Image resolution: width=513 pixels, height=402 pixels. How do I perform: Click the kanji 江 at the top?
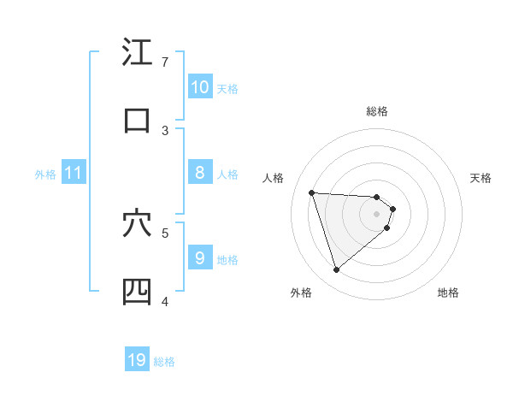137,52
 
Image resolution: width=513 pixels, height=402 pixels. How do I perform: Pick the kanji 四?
137,291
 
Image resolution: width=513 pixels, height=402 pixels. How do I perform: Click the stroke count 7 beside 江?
165,62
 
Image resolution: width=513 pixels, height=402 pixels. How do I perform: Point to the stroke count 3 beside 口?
165,130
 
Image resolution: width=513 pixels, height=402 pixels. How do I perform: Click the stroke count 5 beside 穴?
165,232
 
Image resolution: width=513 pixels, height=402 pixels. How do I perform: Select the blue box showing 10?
199,87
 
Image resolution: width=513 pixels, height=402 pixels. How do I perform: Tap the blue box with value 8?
199,173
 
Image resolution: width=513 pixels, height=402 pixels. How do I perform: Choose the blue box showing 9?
199,257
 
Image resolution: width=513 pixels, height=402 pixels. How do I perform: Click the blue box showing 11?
73,173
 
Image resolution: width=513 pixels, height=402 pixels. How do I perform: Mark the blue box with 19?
137,360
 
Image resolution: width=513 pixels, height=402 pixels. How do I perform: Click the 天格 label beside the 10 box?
227,88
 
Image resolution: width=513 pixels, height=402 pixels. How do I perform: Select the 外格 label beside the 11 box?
45,174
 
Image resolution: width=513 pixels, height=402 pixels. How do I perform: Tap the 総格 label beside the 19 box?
164,362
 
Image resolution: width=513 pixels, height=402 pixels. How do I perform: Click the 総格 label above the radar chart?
376,111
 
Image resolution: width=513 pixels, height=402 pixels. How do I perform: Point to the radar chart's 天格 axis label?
481,178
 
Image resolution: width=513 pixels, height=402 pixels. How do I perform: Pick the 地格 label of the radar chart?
448,293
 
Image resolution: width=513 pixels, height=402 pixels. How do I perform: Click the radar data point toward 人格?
312,192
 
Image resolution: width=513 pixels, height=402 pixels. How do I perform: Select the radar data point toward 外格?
336,270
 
